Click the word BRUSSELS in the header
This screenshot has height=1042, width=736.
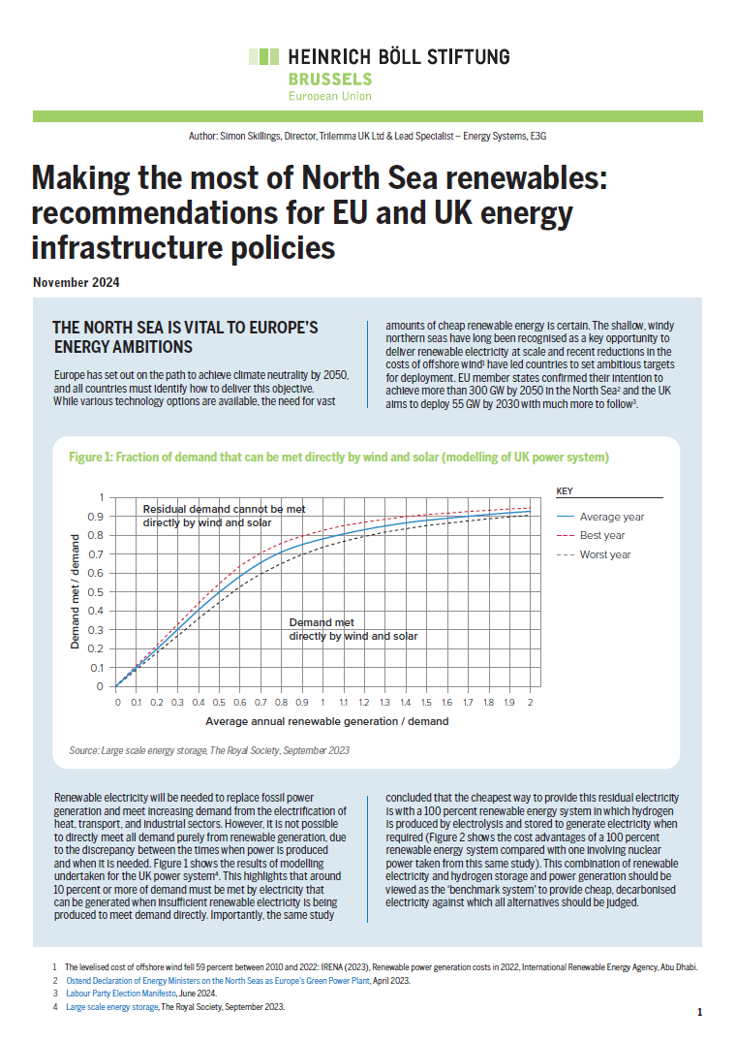click(x=329, y=79)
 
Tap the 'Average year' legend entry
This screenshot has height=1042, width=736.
click(x=612, y=517)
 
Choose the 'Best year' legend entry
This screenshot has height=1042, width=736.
click(x=602, y=535)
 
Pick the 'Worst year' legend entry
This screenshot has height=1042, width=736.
click(x=605, y=554)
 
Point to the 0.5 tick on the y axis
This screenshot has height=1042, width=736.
click(x=96, y=591)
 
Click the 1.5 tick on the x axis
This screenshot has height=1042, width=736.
click(x=426, y=701)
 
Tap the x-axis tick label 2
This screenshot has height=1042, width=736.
click(x=530, y=701)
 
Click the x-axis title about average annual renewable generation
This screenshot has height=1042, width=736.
click(x=326, y=721)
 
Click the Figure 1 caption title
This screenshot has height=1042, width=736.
click(x=338, y=457)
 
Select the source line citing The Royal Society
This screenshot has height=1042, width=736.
click(x=209, y=750)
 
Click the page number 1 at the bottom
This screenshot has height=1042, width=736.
click(x=699, y=1012)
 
